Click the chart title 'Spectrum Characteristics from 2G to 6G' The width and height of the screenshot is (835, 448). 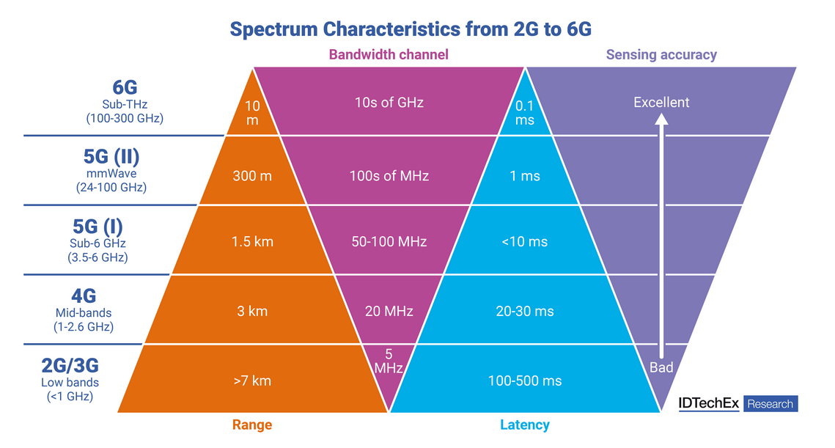pos(411,29)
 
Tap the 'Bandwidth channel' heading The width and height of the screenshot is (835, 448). pos(389,55)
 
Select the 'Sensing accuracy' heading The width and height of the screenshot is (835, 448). pos(661,55)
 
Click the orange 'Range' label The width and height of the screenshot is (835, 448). pos(252,425)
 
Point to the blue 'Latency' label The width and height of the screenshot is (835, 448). pos(525,425)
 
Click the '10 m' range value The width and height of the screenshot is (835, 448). pos(252,113)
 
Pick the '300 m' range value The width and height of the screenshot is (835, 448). pos(252,176)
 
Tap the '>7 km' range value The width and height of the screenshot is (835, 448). pos(252,381)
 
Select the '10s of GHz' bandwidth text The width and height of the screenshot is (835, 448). pos(389,102)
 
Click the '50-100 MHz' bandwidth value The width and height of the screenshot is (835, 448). pos(389,242)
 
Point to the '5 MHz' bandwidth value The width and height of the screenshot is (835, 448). pos(389,361)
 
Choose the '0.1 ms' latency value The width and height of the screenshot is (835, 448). pos(525,113)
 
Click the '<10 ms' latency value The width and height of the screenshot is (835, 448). pos(525,242)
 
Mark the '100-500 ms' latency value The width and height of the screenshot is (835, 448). pos(525,381)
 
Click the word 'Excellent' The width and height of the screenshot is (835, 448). pos(661,102)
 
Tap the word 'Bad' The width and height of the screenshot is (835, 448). pos(661,367)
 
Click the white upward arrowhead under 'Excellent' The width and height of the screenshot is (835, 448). pos(661,120)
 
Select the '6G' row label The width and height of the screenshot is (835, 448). pos(125,87)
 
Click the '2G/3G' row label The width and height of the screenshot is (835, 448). pos(70,365)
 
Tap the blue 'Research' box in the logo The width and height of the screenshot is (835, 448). pos(770,404)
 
